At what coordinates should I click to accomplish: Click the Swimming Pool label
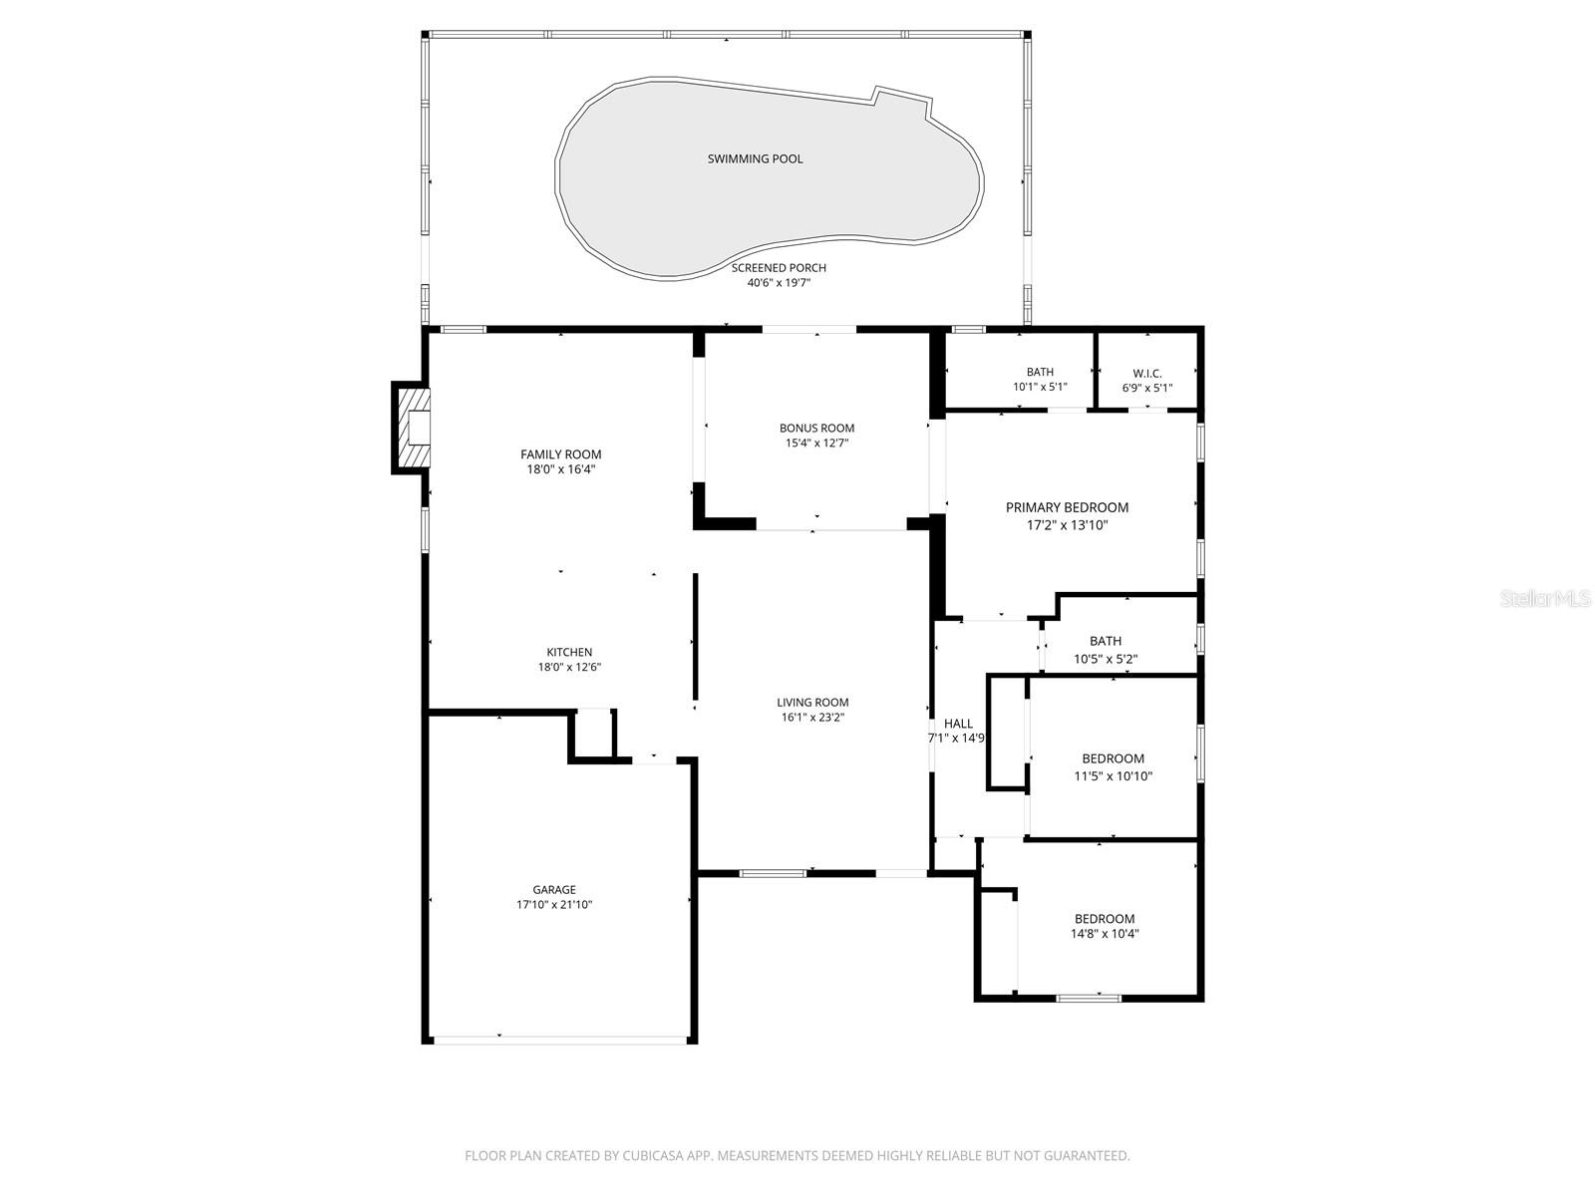pyautogui.click(x=755, y=158)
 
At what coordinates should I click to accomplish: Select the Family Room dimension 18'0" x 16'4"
pyautogui.click(x=560, y=469)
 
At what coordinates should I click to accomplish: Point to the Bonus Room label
pyautogui.click(x=816, y=429)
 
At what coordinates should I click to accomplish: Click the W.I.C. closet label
pyautogui.click(x=1146, y=374)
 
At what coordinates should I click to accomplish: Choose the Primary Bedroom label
pyautogui.click(x=1067, y=507)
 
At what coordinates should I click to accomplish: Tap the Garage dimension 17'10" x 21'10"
pyautogui.click(x=553, y=905)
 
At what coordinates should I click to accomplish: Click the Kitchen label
pyautogui.click(x=569, y=653)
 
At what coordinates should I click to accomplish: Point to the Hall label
pyautogui.click(x=958, y=724)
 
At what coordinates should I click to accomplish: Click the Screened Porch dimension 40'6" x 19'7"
pyautogui.click(x=779, y=283)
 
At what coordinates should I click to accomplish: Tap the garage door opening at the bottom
pyautogui.click(x=559, y=1040)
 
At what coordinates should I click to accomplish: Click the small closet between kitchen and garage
pyautogui.click(x=594, y=736)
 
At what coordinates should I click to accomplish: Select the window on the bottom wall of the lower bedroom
pyautogui.click(x=1089, y=997)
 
